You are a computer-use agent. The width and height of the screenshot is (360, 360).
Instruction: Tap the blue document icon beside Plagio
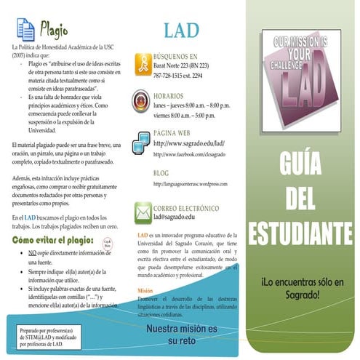[25, 30]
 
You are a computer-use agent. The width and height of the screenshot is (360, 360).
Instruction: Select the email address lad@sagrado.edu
[174, 217]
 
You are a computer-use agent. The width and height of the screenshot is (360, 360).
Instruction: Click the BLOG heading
[161, 173]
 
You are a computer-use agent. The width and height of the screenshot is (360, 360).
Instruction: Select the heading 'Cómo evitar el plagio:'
[53, 239]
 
